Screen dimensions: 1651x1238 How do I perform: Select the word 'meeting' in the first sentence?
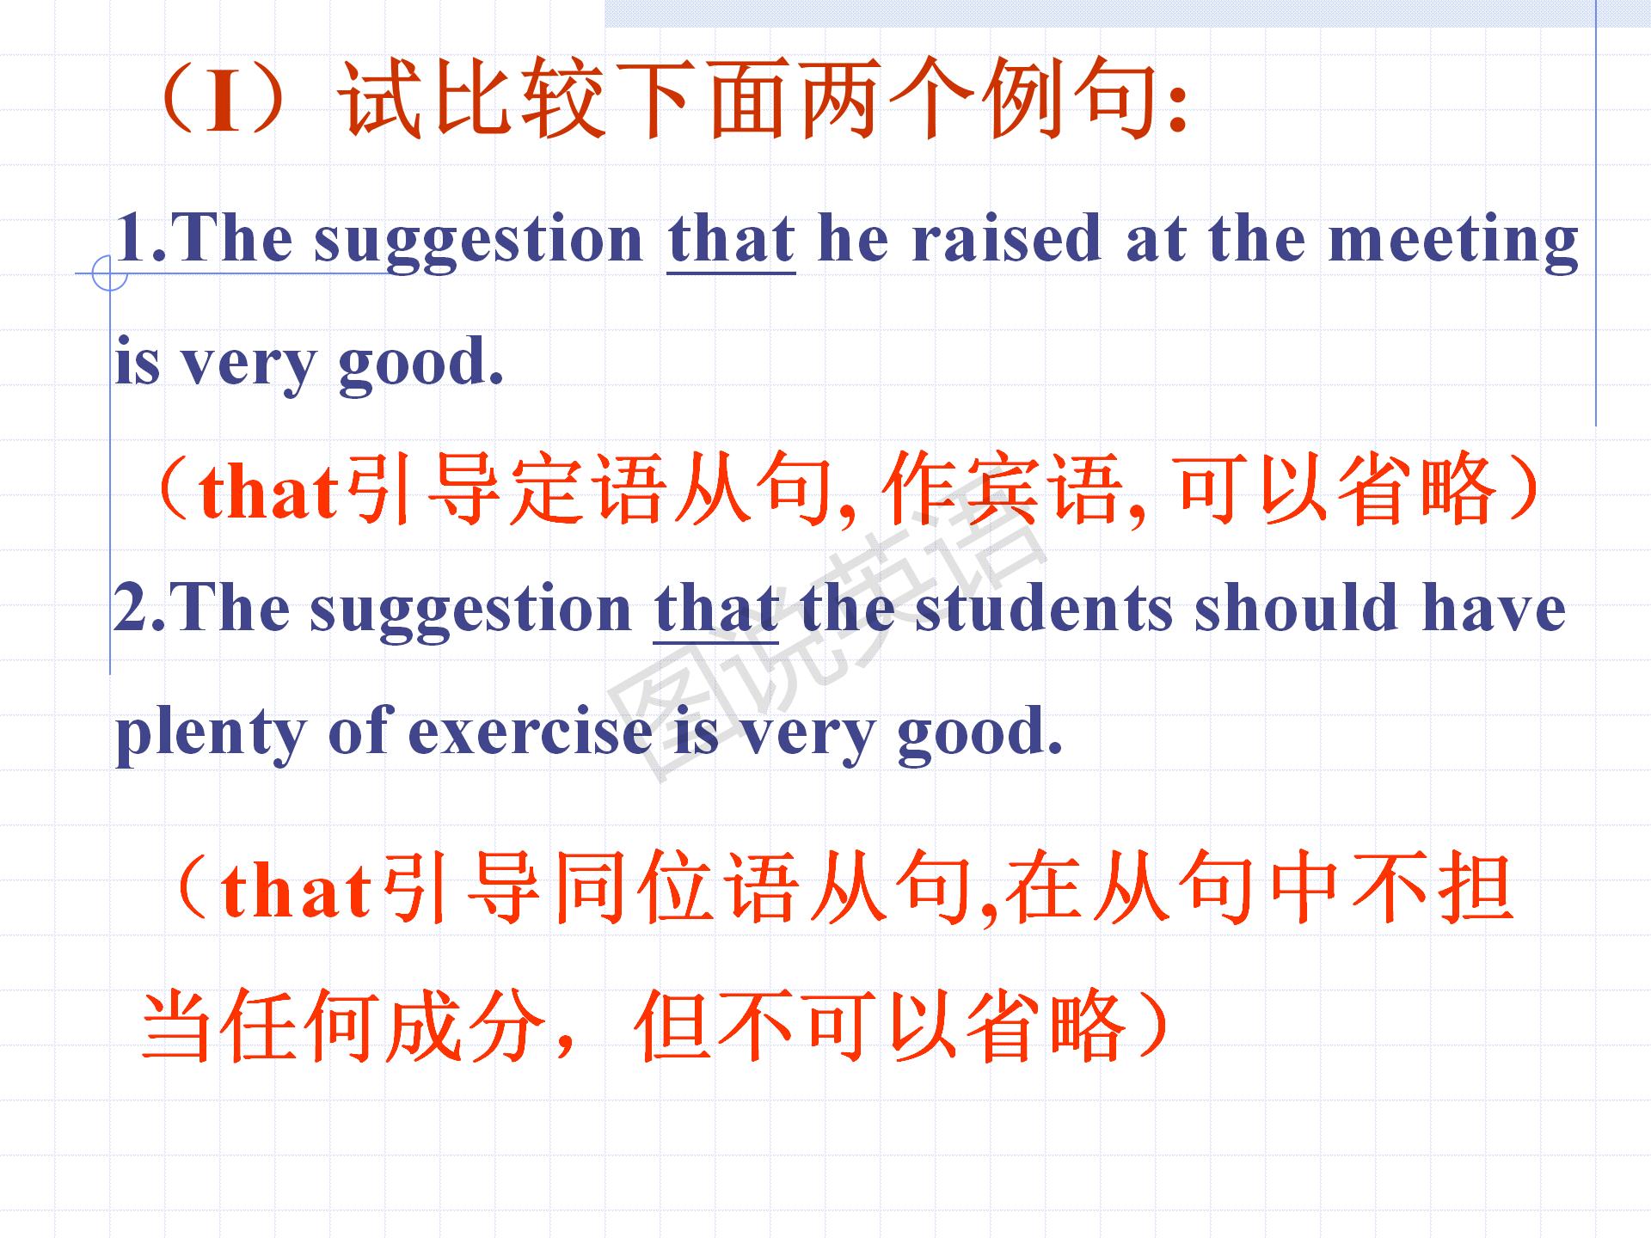[x=1453, y=243]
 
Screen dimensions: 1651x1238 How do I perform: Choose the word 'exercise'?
[x=530, y=732]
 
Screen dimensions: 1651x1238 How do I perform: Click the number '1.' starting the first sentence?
[x=143, y=238]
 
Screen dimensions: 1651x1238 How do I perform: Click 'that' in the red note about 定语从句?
[x=268, y=493]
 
